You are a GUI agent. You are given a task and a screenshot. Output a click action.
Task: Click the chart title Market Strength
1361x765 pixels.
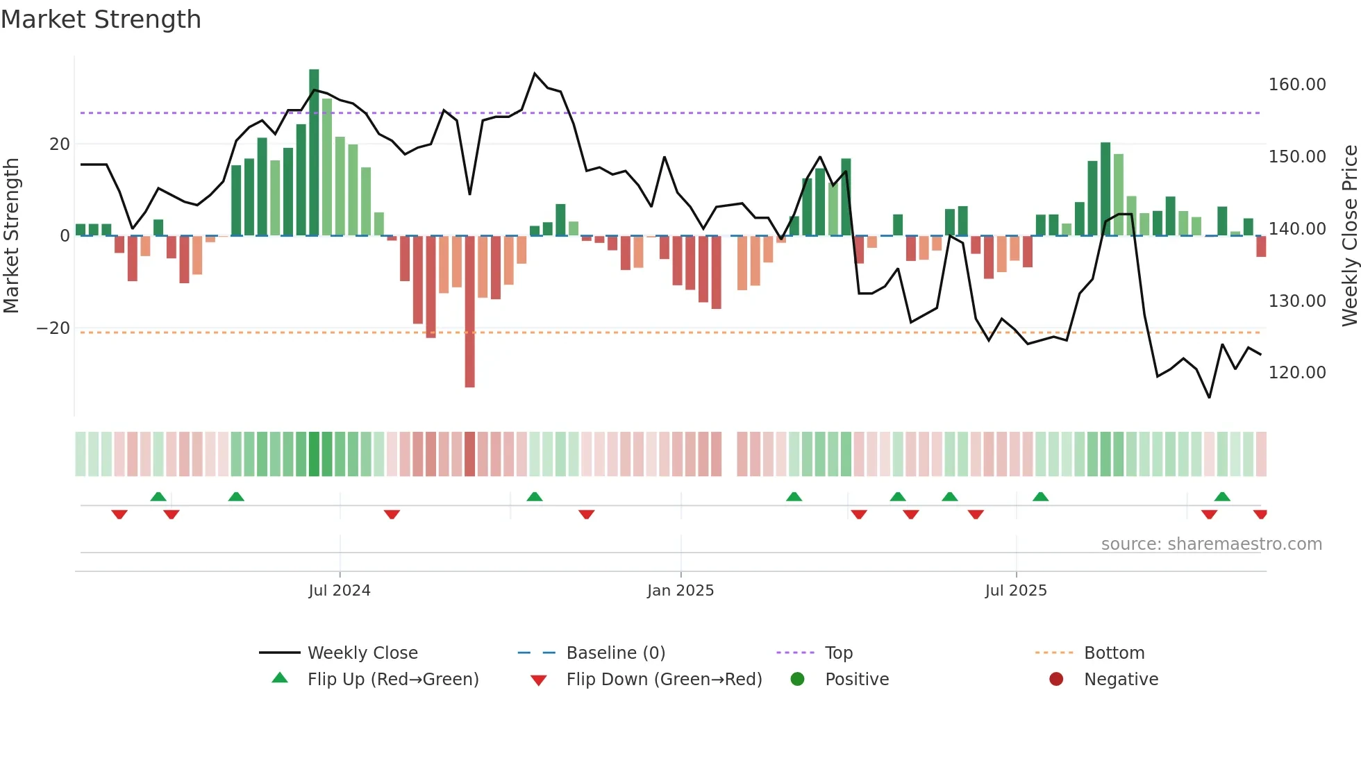coord(101,19)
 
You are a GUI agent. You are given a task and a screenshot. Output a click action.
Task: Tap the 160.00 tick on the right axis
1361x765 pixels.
coord(1296,85)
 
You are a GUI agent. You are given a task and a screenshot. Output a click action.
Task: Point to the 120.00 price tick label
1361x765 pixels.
coord(1296,373)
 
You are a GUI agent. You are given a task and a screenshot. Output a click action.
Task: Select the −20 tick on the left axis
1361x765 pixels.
coord(53,328)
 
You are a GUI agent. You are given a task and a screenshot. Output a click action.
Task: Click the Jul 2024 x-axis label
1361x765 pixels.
coord(340,591)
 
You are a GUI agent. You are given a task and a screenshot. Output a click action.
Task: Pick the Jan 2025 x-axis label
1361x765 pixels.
coord(680,591)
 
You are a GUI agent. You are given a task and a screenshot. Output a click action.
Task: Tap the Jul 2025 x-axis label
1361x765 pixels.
coord(1015,591)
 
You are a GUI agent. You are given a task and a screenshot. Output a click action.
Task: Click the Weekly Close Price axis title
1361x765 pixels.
coord(1349,236)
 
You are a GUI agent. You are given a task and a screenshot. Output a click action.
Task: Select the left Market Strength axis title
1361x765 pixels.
coord(11,236)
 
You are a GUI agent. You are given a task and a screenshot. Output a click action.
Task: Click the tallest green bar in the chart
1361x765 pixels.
coord(314,153)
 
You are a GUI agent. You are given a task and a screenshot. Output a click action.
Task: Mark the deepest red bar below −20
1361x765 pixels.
coord(470,312)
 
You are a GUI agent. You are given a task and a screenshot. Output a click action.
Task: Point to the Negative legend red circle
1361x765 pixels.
coord(1056,680)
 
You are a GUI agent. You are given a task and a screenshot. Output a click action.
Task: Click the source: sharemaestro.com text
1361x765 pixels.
coord(1211,544)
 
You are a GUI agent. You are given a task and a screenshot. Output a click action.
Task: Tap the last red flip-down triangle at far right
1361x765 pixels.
coord(1260,514)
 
